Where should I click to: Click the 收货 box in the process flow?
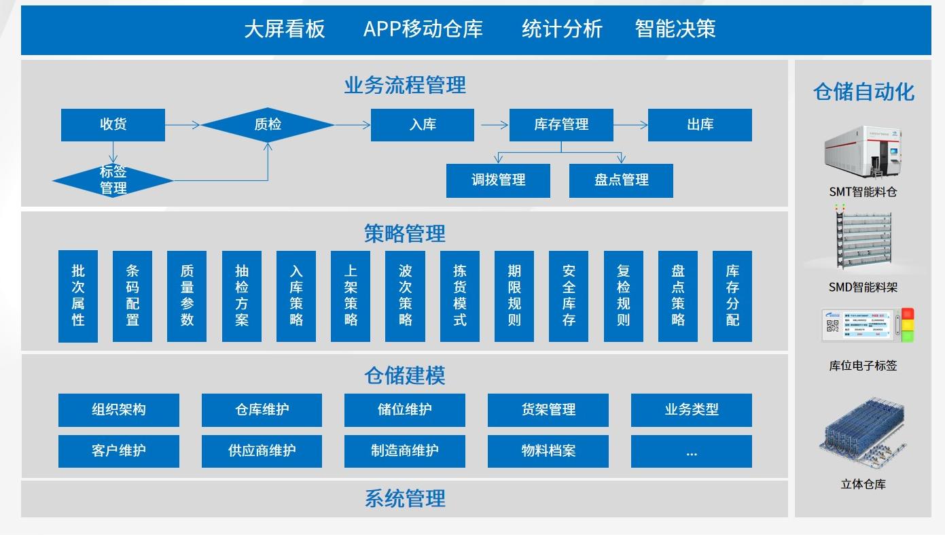coord(113,124)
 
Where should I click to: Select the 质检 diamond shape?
coord(268,124)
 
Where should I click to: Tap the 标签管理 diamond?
coord(113,180)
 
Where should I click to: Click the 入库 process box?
coord(423,124)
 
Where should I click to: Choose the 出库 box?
coord(700,124)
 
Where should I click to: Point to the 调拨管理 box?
coord(498,180)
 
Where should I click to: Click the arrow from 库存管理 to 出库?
coord(630,124)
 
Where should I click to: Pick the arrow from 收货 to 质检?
coord(183,124)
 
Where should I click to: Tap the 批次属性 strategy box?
coord(78,296)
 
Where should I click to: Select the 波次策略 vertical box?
coord(405,296)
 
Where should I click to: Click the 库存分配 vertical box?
coord(732,296)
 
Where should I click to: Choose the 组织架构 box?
coord(119,410)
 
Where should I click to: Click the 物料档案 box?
coord(548,451)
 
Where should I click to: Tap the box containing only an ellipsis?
coord(692,451)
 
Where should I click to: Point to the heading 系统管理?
coord(405,498)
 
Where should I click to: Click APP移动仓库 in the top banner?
coord(423,29)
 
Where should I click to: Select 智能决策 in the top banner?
coord(675,29)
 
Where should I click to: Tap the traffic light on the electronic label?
coord(908,325)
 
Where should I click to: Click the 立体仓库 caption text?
coord(863,484)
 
